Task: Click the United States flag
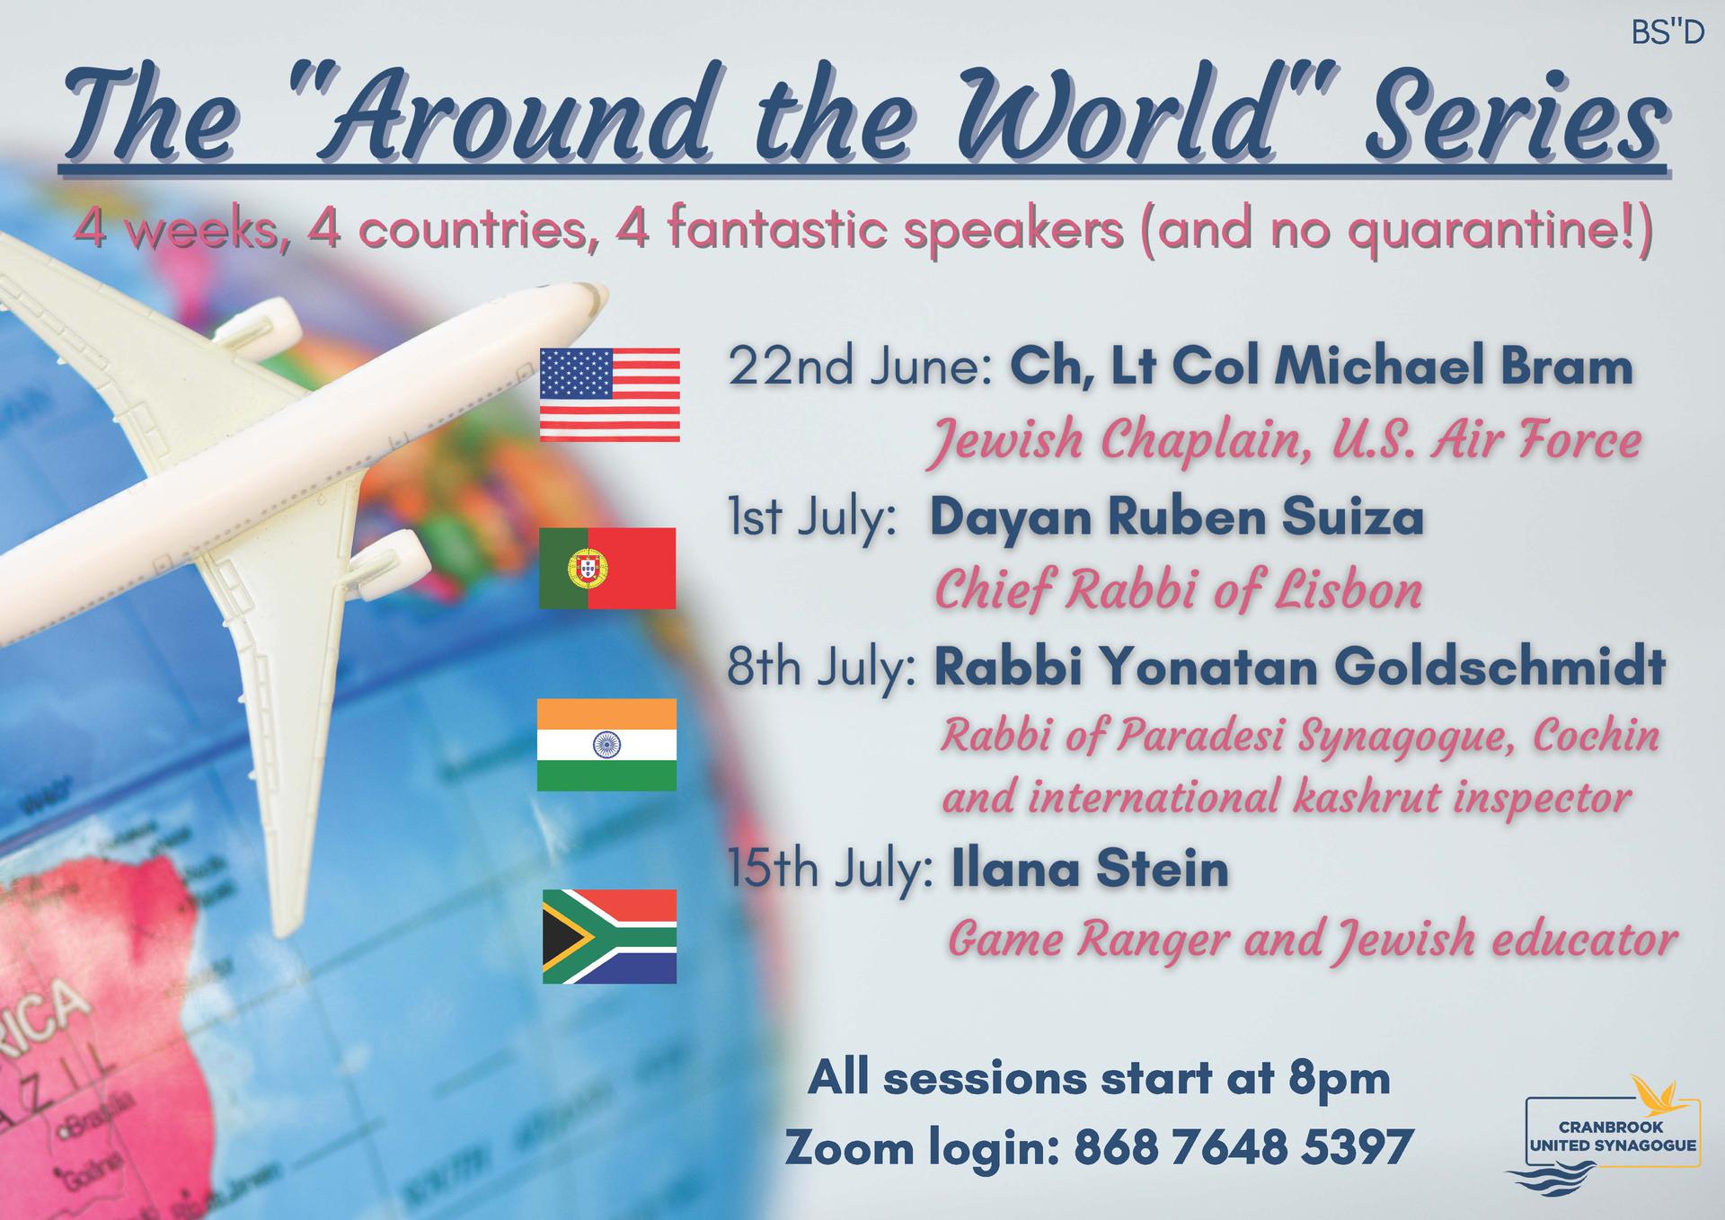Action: point(609,395)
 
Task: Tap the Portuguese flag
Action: point(607,569)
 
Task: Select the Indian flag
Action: point(606,745)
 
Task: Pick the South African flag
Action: point(609,936)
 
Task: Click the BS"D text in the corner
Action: point(1667,34)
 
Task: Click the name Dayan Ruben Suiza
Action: point(1176,519)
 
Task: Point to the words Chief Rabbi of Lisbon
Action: point(1179,591)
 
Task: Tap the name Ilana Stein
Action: point(1090,870)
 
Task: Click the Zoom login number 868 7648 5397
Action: point(1243,1148)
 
